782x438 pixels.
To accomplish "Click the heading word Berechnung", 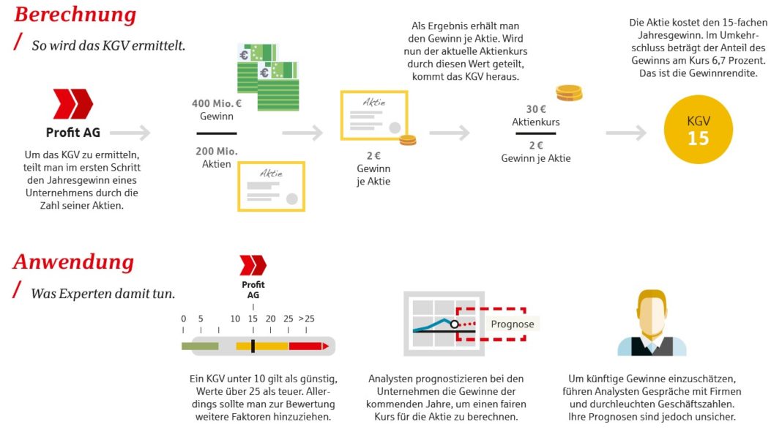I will (x=75, y=15).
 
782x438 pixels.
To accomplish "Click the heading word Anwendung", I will (x=73, y=261).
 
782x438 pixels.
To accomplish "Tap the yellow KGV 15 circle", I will (x=698, y=130).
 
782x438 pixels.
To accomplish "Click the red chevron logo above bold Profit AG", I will (x=73, y=104).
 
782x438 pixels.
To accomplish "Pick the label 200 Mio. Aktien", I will (x=216, y=157).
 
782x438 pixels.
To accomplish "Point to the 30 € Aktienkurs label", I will (x=535, y=116).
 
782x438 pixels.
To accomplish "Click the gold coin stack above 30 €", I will (x=569, y=92).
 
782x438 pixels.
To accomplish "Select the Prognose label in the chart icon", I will (x=512, y=324).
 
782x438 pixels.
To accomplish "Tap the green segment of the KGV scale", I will (x=200, y=346).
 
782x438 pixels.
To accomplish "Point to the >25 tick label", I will (x=306, y=319).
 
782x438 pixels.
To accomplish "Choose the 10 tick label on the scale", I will (x=235, y=319).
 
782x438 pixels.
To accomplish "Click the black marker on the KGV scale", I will (x=253, y=346).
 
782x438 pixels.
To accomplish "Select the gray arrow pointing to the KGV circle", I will (x=626, y=133).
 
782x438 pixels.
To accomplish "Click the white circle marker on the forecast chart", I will (x=455, y=323).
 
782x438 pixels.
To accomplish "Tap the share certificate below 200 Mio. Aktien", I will (x=271, y=187).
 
